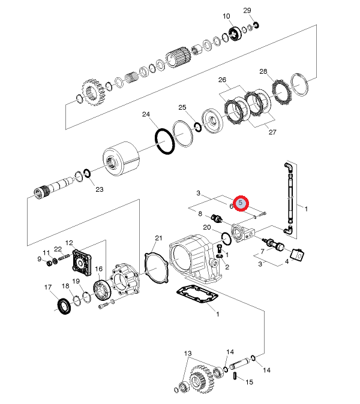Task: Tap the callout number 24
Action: pos(146,114)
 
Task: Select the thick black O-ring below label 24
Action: pos(165,142)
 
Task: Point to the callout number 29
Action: pos(247,10)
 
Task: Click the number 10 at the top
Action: pos(227,16)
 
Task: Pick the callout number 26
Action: pos(222,80)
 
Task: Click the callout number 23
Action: pos(100,189)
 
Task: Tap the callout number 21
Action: pos(158,238)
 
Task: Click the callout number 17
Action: pos(49,287)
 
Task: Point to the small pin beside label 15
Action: pos(235,376)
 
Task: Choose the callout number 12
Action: pos(69,243)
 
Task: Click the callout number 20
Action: pos(206,228)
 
